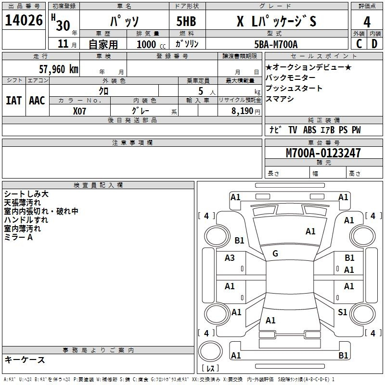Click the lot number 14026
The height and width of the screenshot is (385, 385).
(24, 20)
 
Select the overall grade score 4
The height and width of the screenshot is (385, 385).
(367, 22)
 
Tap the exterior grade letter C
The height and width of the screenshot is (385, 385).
(359, 44)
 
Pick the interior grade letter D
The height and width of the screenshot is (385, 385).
(374, 44)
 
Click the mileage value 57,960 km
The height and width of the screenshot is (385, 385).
(59, 69)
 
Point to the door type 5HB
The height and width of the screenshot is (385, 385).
(186, 21)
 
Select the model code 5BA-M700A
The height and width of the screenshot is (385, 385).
(276, 44)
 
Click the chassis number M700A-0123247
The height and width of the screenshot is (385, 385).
(323, 153)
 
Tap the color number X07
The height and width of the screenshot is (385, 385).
(79, 111)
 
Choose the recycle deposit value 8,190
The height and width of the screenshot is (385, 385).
(243, 111)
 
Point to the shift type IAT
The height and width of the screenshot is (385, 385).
(13, 101)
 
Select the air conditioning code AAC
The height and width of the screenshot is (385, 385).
(37, 101)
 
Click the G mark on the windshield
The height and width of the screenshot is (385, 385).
(275, 254)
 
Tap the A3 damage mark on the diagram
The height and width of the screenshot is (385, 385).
(230, 258)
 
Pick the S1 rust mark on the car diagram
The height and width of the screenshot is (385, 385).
(343, 312)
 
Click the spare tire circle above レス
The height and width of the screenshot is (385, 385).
(210, 351)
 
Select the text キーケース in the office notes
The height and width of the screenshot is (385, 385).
(25, 360)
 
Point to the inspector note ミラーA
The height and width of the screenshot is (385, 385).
(18, 237)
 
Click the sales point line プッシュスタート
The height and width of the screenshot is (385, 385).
(294, 88)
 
